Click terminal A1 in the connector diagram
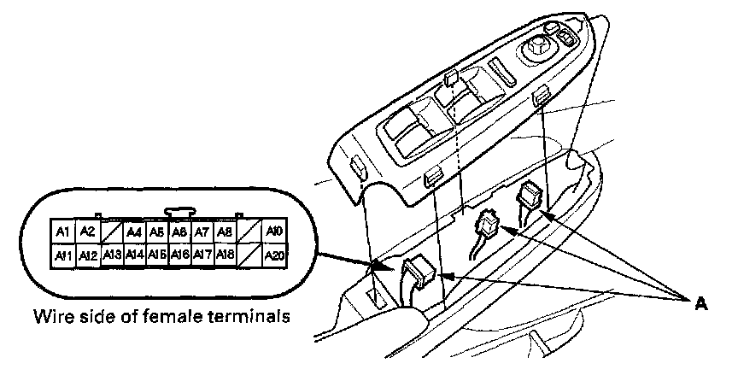[x=62, y=232]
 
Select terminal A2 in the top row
[x=87, y=232]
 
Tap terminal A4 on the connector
[x=133, y=232]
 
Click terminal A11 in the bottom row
[x=62, y=254]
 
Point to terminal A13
[x=110, y=254]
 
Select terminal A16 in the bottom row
[x=179, y=254]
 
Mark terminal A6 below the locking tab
[x=179, y=232]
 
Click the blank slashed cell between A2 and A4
[x=110, y=232]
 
